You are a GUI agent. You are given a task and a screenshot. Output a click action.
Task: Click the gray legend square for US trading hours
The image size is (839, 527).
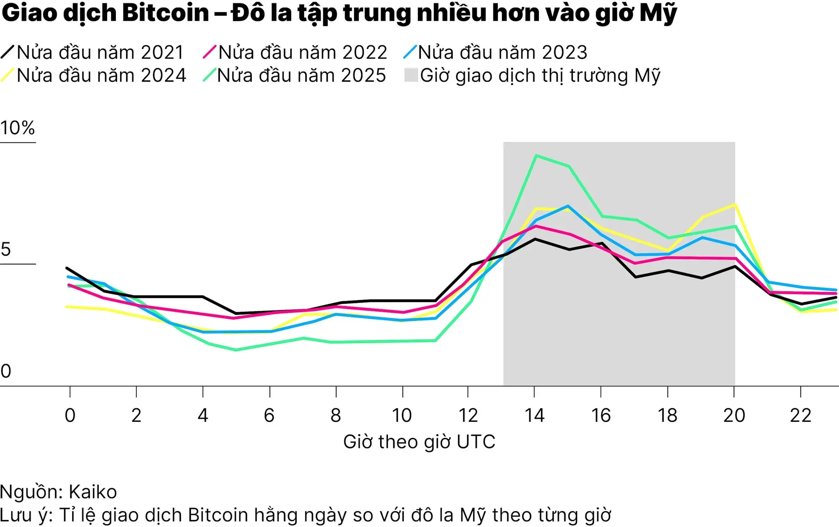(x=411, y=75)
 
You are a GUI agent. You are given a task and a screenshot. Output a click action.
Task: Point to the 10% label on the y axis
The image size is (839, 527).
(x=17, y=128)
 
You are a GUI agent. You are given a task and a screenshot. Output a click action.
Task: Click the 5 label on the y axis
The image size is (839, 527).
(x=6, y=249)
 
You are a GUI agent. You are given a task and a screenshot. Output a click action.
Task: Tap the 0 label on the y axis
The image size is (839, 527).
(x=6, y=371)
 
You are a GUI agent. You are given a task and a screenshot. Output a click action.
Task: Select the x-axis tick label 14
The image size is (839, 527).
(x=534, y=415)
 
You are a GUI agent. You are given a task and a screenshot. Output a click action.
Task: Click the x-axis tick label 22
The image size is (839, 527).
(x=800, y=415)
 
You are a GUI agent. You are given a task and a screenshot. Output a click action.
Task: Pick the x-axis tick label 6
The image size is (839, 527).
(x=269, y=415)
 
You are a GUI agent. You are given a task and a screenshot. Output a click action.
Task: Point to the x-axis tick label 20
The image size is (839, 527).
(x=734, y=415)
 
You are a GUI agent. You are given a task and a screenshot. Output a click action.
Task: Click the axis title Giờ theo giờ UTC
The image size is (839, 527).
(x=419, y=442)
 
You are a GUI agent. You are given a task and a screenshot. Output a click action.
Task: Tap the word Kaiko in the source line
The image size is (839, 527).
(x=93, y=492)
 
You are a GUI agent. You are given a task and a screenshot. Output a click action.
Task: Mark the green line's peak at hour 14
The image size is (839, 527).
(x=536, y=155)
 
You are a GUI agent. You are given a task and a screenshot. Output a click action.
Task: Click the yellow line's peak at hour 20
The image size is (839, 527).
(x=735, y=204)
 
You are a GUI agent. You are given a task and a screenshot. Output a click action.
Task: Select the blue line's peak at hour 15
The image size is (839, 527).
(x=568, y=206)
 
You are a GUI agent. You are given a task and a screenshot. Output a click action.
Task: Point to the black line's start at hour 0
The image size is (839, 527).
(x=67, y=268)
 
